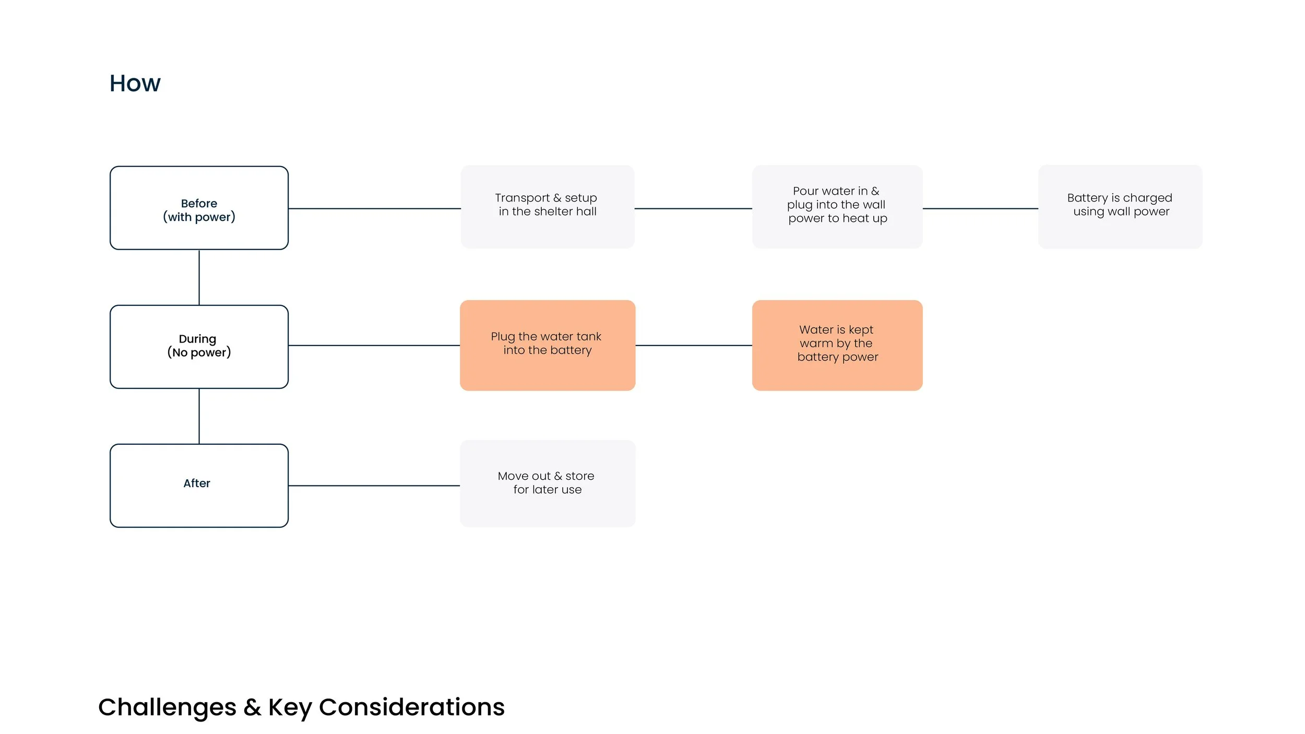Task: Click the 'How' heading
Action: tap(135, 84)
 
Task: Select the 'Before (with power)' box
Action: tap(199, 208)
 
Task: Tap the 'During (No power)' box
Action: tap(199, 347)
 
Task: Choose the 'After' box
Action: tap(199, 486)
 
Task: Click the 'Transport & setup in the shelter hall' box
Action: tap(547, 207)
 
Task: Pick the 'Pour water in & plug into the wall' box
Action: tap(837, 207)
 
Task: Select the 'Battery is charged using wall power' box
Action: tap(1120, 207)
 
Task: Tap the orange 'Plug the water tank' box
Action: tap(547, 345)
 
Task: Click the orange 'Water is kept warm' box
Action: tap(837, 345)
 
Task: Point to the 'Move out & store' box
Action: tap(547, 483)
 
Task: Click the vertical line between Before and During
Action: tap(199, 277)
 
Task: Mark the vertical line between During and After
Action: tap(199, 416)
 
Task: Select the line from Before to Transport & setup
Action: tap(374, 208)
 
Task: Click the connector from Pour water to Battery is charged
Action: tap(980, 208)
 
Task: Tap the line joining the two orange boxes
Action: tap(693, 345)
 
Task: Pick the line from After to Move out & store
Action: tap(374, 486)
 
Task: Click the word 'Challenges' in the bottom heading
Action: tap(167, 708)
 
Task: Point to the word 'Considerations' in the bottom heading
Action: tap(411, 708)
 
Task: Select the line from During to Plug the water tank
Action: tap(374, 345)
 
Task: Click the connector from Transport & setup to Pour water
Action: tap(693, 208)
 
